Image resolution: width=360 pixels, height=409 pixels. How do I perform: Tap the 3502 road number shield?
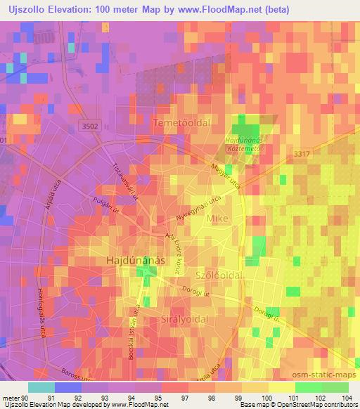pyautogui.click(x=90, y=124)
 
